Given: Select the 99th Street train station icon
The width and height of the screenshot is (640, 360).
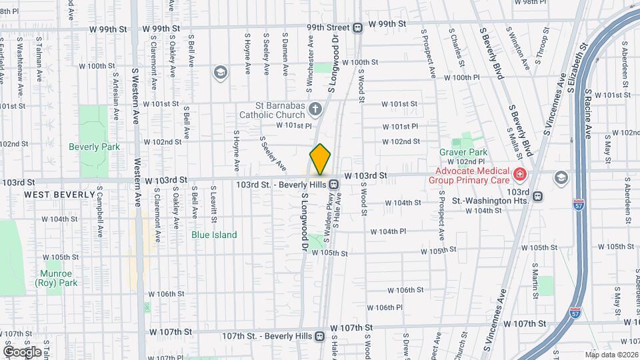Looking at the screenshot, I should pyautogui.click(x=358, y=27).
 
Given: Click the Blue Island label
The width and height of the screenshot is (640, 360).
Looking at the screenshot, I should pyautogui.click(x=210, y=235).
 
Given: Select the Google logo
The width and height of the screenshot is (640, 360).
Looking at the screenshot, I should pyautogui.click(x=22, y=351).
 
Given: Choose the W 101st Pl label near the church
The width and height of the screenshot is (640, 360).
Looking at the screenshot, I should pyautogui.click(x=294, y=125).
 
